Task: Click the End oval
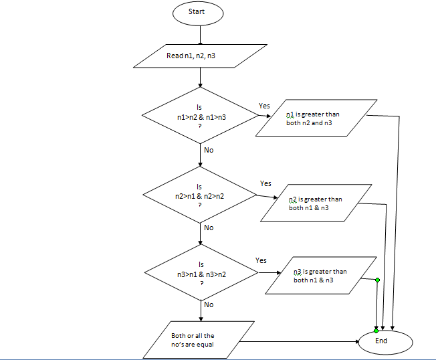pos(381,341)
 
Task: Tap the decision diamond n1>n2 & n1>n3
pos(200,116)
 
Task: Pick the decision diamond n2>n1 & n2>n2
pos(200,195)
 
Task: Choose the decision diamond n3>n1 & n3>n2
pos(201,273)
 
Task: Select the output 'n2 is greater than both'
pos(316,203)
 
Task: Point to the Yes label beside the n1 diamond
pos(264,106)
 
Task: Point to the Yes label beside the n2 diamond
pos(265,183)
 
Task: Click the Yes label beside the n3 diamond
pos(261,260)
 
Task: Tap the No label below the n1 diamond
pos(209,150)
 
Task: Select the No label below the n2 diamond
pos(209,228)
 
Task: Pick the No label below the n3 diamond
pos(209,304)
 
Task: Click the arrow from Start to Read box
pos(201,34)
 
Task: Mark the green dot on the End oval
pos(376,331)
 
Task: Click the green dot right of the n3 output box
pos(378,280)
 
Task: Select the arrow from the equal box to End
pos(301,341)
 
